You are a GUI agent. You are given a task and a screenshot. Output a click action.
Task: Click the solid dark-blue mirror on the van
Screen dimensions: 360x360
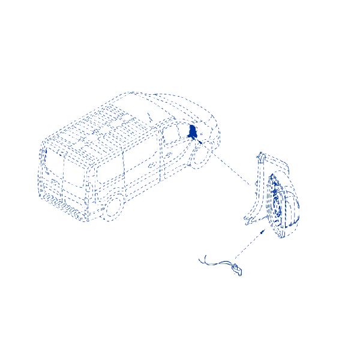pyautogui.click(x=193, y=132)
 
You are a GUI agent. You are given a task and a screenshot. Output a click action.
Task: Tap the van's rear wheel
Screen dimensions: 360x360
pyautogui.click(x=112, y=208)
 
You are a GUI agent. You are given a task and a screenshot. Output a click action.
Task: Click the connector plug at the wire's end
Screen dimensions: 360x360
pyautogui.click(x=238, y=270)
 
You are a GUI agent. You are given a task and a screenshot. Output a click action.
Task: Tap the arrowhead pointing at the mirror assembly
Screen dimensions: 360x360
pyautogui.click(x=265, y=230)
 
